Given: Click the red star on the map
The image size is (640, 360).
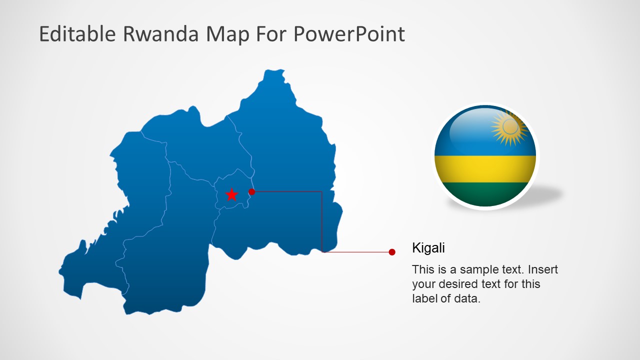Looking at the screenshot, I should pyautogui.click(x=231, y=194).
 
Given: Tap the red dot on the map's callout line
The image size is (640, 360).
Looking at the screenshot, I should pyautogui.click(x=252, y=191).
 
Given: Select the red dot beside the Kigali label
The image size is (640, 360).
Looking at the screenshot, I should pyautogui.click(x=392, y=252).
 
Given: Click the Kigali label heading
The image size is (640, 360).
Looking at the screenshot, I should pyautogui.click(x=428, y=247).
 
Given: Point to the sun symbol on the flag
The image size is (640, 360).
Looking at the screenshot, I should pyautogui.click(x=510, y=127).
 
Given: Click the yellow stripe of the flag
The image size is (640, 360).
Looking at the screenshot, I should pyautogui.click(x=485, y=169).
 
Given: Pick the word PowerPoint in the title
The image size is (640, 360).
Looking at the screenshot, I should pyautogui.click(x=348, y=34).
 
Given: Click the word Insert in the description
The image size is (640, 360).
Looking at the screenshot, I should pyautogui.click(x=543, y=269).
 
